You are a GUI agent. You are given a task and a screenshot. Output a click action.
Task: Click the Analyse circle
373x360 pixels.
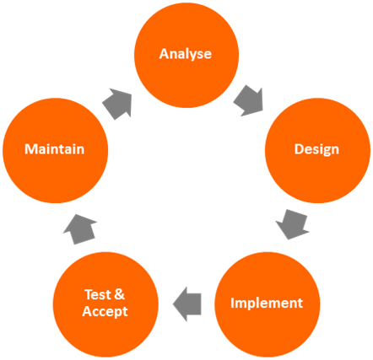(186, 56)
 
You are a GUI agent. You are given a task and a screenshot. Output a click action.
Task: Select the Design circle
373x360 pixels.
(317, 151)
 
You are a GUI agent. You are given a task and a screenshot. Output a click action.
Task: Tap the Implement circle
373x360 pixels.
(268, 304)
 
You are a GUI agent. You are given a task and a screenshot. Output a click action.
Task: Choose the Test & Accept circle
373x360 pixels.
(105, 304)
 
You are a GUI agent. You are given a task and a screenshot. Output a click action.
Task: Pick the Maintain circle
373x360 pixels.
(55, 151)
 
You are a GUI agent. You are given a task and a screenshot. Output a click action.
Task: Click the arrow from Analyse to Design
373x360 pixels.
(249, 101)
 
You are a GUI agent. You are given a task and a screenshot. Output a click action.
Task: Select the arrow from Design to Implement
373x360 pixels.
(293, 224)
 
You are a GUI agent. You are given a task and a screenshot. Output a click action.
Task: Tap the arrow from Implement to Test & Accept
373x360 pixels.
(186, 304)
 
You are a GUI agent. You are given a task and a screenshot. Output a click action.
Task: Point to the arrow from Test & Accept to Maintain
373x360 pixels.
(79, 229)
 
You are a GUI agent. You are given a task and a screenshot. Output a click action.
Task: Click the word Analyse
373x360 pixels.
(186, 54)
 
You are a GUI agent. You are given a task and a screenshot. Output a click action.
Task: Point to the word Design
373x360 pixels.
(316, 149)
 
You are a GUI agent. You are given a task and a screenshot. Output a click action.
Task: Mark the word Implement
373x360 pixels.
(267, 303)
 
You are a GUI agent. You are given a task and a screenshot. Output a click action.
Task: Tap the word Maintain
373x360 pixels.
(55, 149)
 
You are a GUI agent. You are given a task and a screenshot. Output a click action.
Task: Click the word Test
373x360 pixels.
(98, 294)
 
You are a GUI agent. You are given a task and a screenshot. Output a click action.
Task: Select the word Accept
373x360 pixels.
(105, 312)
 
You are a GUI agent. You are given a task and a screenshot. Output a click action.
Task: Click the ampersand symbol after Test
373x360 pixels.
(120, 294)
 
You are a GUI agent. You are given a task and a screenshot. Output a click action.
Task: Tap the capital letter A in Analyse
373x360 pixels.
(165, 54)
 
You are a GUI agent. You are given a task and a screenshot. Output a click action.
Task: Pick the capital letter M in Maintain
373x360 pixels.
(30, 149)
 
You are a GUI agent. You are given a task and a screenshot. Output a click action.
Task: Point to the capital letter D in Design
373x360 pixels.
(299, 149)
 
